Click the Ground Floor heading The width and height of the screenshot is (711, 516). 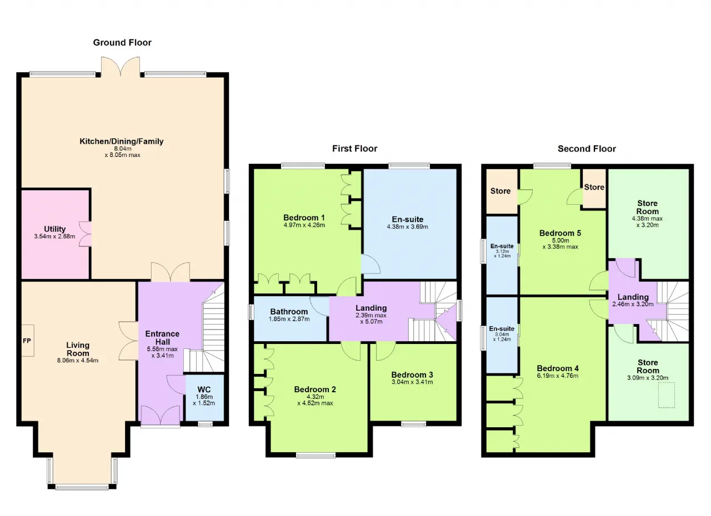[122, 43]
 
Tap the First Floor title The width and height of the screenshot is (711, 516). [354, 148]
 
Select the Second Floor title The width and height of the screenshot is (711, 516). [587, 149]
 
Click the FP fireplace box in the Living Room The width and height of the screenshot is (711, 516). [28, 341]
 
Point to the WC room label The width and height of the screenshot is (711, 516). [204, 389]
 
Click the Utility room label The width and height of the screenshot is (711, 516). [54, 229]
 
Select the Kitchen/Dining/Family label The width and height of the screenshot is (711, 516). [122, 141]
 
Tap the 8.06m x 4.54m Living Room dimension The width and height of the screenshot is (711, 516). [78, 361]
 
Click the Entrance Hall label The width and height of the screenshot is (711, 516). [163, 337]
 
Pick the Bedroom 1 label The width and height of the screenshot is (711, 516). [304, 217]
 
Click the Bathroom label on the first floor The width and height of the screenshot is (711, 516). [289, 312]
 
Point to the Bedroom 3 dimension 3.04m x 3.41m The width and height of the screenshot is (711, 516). [412, 382]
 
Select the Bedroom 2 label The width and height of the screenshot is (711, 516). [315, 389]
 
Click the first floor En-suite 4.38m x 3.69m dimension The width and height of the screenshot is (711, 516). [407, 226]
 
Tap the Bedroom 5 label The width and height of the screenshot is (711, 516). [560, 233]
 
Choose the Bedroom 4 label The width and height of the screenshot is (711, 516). [558, 368]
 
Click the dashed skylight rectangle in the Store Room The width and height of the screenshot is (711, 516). [666, 395]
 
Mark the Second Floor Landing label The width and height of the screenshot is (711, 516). [633, 297]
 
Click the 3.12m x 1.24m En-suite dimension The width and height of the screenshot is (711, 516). [502, 254]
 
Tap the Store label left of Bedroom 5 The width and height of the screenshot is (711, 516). [500, 191]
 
